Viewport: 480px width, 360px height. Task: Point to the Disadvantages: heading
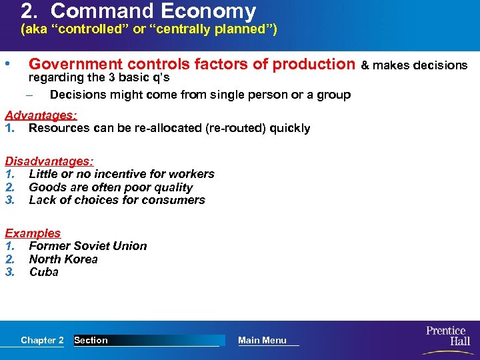[49, 161]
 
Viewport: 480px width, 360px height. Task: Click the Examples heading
[33, 233]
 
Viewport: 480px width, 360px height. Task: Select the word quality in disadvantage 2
[171, 187]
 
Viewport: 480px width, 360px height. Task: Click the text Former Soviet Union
[88, 246]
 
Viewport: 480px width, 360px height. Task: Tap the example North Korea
[63, 259]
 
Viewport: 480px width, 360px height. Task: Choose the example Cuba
[44, 272]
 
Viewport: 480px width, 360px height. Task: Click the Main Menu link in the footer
[262, 340]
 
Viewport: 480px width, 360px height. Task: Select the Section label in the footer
[91, 340]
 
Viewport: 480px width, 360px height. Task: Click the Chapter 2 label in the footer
[42, 340]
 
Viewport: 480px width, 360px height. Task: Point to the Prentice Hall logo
[447, 336]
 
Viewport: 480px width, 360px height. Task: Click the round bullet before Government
[7, 65]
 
